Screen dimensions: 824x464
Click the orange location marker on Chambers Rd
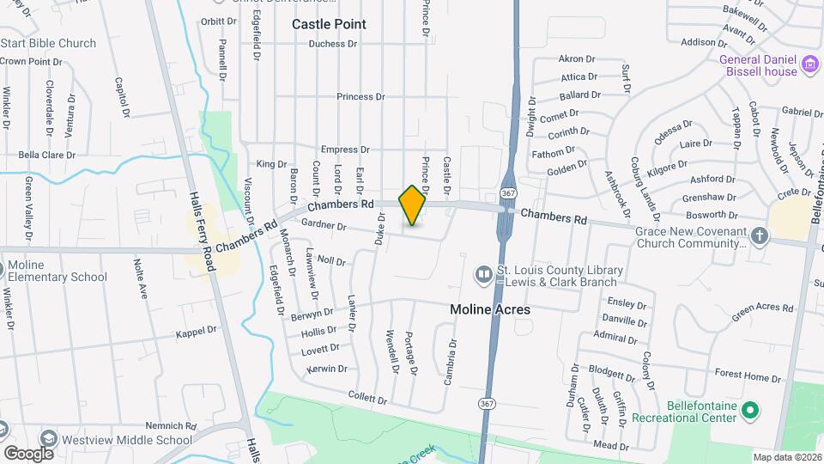pos(412,205)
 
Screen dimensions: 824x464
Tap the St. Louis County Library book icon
pos(484,275)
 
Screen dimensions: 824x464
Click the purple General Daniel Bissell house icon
pos(809,64)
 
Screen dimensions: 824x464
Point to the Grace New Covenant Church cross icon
pos(759,235)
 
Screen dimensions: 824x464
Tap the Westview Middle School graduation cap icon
pos(48,440)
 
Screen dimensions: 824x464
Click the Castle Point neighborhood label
pos(329,24)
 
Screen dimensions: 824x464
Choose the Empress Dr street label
pos(343,150)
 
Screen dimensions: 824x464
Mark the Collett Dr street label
pos(370,395)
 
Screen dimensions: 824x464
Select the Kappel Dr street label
pos(195,331)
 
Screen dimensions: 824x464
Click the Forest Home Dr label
pos(743,375)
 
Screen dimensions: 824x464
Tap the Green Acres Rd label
pos(761,312)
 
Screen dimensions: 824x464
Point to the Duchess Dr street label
pos(332,44)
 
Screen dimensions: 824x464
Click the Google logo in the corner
pos(28,453)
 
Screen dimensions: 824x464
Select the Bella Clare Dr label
pos(47,156)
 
